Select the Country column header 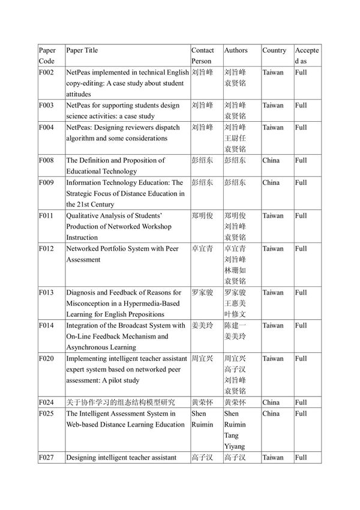[x=274, y=50]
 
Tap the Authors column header [x=235, y=50]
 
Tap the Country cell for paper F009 [x=271, y=182]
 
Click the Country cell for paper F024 [x=271, y=403]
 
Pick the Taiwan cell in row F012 [x=273, y=248]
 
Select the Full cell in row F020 [x=301, y=359]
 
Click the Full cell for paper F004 [x=301, y=127]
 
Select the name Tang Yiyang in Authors [x=235, y=441]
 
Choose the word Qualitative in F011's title [x=84, y=215]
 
